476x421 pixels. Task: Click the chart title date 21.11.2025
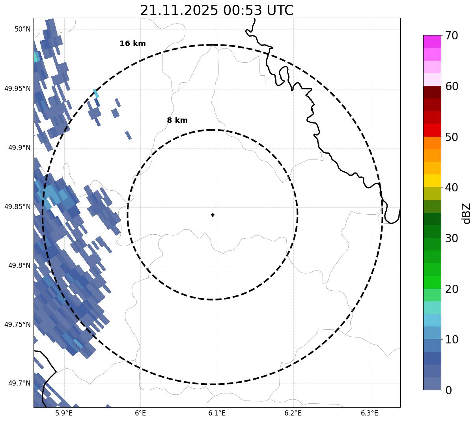coord(179,10)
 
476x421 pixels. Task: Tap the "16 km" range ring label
coord(133,44)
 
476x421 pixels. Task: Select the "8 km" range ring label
coord(177,121)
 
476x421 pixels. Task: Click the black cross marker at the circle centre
coord(213,215)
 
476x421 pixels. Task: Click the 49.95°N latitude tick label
coord(17,89)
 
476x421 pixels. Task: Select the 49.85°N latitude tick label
coord(17,207)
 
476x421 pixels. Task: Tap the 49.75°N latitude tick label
coord(17,325)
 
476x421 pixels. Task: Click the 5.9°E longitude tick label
coord(64,413)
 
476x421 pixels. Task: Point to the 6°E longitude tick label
coord(140,413)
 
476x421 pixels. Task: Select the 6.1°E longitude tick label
coord(217,413)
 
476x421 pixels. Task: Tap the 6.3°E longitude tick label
coord(370,413)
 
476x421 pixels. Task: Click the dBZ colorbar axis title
coord(467,213)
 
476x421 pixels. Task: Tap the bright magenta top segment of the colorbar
coord(432,41)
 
